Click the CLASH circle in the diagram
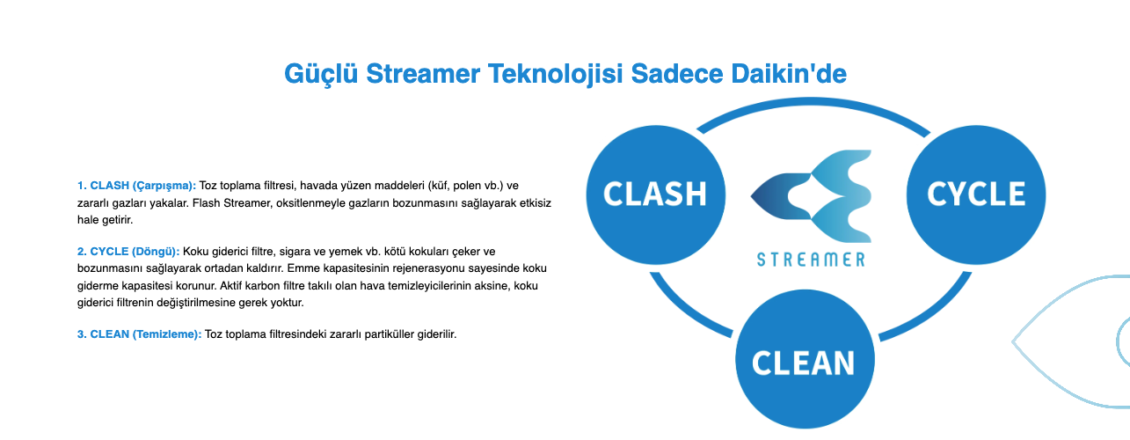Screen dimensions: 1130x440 tap(656, 194)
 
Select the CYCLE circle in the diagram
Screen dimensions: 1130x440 tap(976, 194)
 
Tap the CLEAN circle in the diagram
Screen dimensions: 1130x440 tap(806, 359)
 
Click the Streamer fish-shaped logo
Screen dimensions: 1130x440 tap(811, 195)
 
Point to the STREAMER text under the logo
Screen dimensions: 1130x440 tap(811, 260)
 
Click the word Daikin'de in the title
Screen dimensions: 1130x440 tap(789, 74)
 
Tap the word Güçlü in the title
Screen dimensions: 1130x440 tap(321, 75)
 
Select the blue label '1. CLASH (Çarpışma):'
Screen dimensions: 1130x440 tap(136, 186)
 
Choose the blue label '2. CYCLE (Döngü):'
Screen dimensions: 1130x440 tap(128, 252)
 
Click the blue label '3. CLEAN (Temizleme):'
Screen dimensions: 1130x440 tap(139, 334)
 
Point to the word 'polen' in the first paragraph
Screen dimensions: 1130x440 tap(467, 186)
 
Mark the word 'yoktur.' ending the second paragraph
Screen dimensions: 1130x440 tap(287, 303)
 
